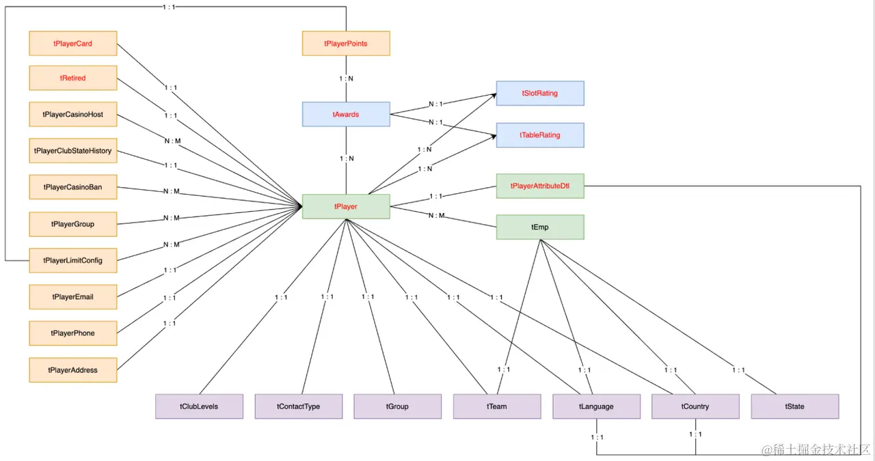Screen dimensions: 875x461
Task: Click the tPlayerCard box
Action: (x=73, y=43)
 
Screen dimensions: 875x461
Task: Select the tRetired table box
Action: (x=73, y=78)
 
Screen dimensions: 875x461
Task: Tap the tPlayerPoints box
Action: (x=346, y=43)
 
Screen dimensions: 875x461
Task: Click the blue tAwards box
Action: (x=346, y=114)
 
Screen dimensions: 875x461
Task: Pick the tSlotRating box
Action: (x=540, y=94)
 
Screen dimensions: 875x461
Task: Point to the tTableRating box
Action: (x=540, y=135)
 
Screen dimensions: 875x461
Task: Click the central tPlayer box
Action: (x=346, y=206)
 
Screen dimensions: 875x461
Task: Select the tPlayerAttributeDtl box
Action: (x=540, y=186)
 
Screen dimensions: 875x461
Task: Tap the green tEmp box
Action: (x=540, y=227)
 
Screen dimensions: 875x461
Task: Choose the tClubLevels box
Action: (x=199, y=406)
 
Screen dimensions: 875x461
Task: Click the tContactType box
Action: (x=299, y=406)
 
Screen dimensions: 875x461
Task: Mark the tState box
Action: (x=795, y=406)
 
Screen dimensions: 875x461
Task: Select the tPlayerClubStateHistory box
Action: (x=73, y=151)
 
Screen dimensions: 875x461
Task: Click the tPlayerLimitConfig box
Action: (x=73, y=260)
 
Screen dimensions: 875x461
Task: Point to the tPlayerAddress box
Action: (x=73, y=370)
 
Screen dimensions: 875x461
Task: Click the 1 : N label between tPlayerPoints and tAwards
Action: (x=346, y=79)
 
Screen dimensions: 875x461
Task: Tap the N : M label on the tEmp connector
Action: (x=436, y=215)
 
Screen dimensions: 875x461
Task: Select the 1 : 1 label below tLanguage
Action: (x=597, y=437)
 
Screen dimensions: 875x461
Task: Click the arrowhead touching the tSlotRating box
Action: (x=494, y=95)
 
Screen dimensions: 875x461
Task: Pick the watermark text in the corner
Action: (x=816, y=449)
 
